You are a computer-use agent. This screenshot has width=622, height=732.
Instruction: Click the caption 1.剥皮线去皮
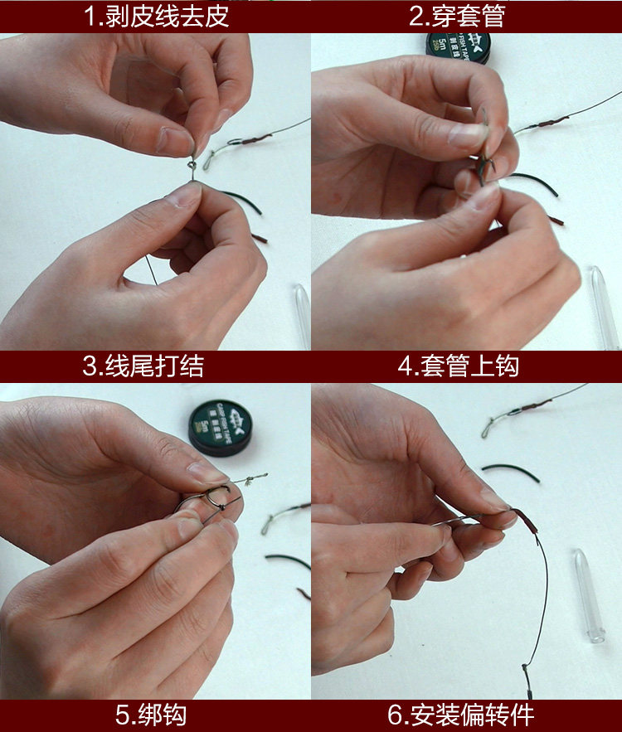click(156, 17)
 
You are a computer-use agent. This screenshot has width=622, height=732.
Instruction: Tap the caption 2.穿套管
click(466, 17)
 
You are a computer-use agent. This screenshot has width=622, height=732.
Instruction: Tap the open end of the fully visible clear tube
click(596, 636)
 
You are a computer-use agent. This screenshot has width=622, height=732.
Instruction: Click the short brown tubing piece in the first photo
click(260, 239)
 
